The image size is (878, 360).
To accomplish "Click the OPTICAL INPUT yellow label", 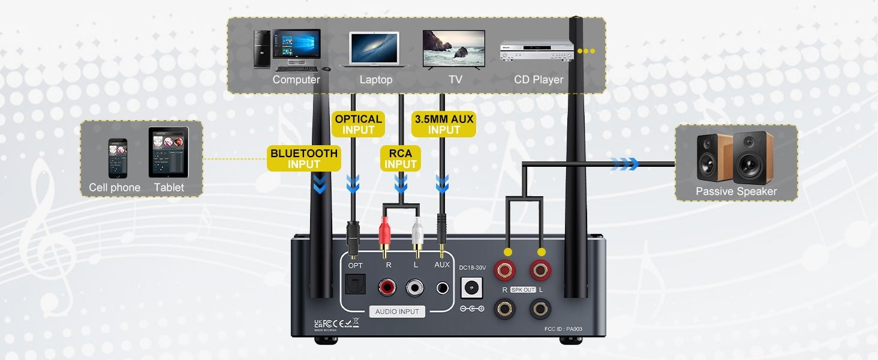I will (359, 124).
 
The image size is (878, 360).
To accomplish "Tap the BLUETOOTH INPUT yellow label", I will (304, 158).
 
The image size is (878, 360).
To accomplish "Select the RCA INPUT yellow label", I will (401, 159).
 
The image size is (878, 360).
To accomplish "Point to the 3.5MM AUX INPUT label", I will (444, 124).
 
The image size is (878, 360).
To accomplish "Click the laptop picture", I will (374, 49).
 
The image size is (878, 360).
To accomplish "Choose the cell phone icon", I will (118, 158).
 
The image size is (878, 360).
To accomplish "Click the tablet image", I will (169, 152).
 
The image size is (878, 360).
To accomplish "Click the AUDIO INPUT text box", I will (397, 311).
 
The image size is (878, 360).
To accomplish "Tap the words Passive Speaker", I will (736, 191).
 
